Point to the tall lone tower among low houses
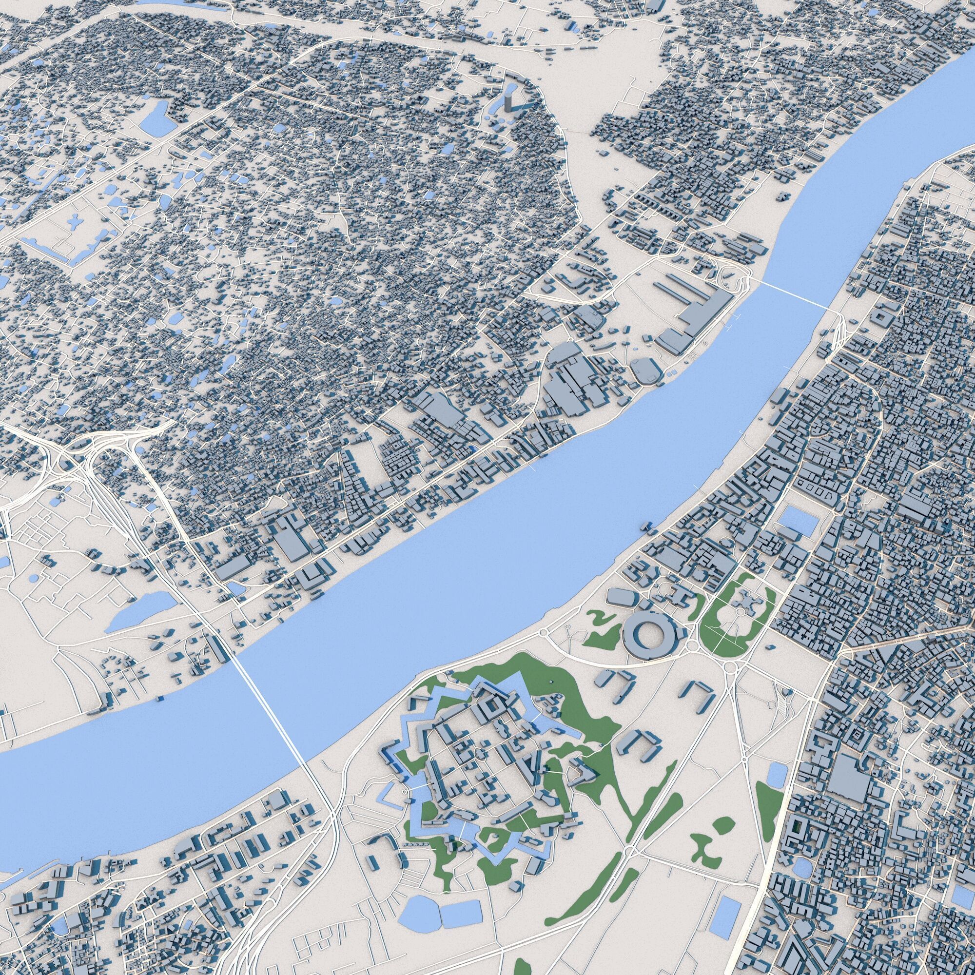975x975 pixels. tap(511, 101)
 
